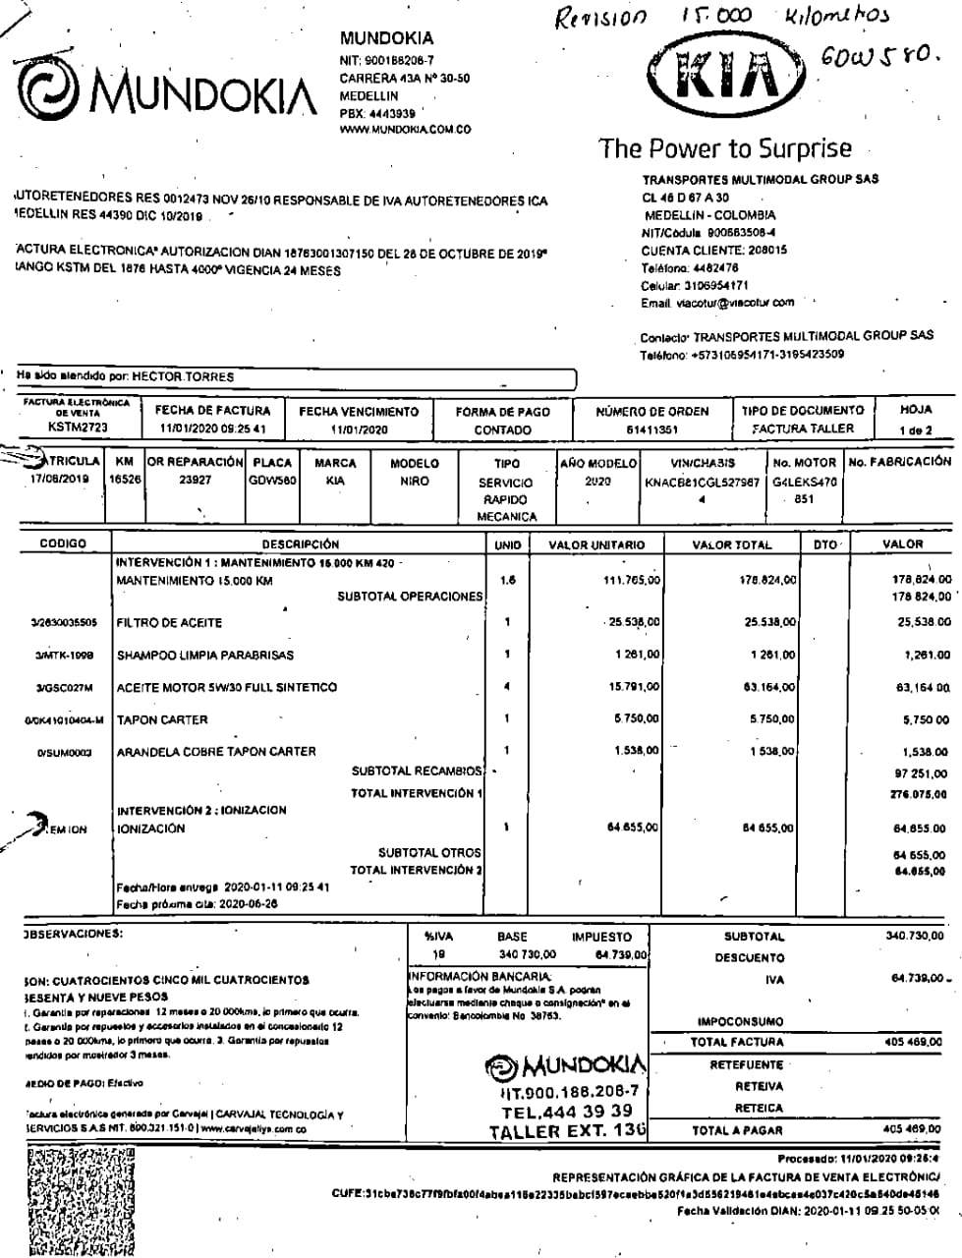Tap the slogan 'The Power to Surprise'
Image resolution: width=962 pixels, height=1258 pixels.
coord(725,148)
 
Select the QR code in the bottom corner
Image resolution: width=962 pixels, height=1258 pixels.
coord(76,1202)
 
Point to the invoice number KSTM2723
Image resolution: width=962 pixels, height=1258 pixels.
coord(79,428)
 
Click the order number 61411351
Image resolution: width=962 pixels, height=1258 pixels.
coord(651,429)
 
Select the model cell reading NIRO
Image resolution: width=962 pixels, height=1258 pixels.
coord(414,483)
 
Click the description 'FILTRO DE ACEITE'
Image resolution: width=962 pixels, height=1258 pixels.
coord(169,623)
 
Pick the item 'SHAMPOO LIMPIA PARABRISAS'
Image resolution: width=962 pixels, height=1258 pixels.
coord(204,656)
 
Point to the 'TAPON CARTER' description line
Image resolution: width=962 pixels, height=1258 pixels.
coord(162,720)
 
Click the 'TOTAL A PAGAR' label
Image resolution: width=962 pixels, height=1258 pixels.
coord(737,1131)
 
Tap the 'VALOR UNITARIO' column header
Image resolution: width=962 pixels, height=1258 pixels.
coord(596,544)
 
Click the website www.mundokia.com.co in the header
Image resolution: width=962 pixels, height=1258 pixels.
coord(405,129)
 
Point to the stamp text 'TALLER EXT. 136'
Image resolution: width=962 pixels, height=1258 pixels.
coord(568,1131)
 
